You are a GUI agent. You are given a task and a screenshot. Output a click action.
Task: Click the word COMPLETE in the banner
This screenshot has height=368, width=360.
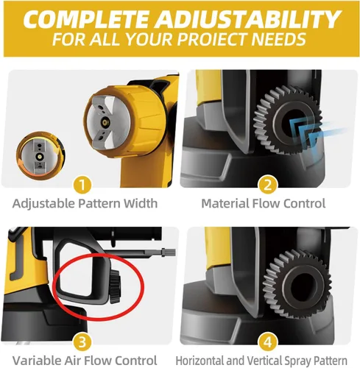pos(86,19)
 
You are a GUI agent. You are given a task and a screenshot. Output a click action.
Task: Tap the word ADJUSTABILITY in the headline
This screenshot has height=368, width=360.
pos(247,19)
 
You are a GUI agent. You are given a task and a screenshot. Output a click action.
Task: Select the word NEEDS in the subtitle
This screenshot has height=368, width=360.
pos(279,39)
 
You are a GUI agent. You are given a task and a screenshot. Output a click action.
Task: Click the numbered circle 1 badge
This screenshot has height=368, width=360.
pos(82,185)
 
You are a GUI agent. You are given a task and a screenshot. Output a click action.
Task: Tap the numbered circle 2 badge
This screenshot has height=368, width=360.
pos(267,185)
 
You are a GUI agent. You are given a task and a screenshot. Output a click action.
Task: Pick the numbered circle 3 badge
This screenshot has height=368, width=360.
pos(82,342)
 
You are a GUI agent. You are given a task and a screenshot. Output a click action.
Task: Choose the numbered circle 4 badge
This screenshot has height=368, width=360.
pos(267,342)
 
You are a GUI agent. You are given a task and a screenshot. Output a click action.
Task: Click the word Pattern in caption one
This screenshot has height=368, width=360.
pos(99,203)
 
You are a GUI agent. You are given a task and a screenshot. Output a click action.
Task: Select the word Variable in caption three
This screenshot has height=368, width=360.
pos(37,361)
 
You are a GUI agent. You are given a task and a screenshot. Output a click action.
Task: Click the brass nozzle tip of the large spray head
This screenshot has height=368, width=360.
pos(106,121)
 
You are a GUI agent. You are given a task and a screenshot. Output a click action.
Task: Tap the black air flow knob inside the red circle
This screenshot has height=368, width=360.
pos(115,286)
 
